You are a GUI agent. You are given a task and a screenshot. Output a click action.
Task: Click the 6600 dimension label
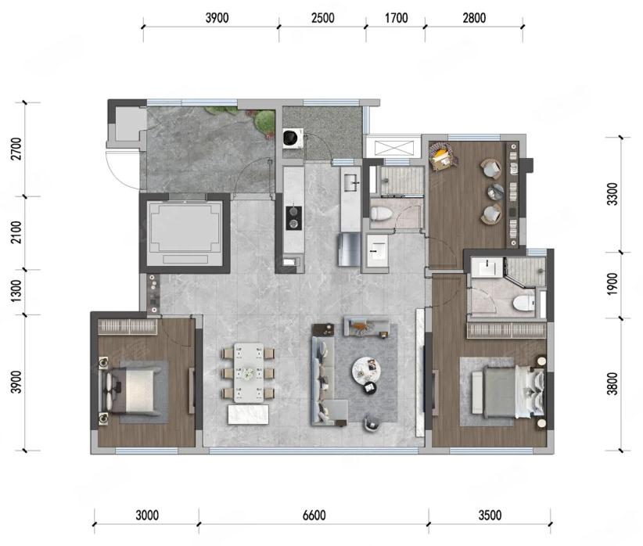(x=314, y=515)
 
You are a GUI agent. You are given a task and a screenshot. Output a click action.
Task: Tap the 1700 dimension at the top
(x=396, y=18)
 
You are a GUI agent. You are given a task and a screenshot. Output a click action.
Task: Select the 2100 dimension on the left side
(x=16, y=232)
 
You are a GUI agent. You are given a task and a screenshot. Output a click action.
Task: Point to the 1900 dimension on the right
(x=612, y=284)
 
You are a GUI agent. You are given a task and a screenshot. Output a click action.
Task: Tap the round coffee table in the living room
(x=366, y=371)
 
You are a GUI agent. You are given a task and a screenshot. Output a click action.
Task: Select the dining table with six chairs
(x=248, y=372)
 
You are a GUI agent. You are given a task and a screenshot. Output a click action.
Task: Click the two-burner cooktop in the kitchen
(x=293, y=217)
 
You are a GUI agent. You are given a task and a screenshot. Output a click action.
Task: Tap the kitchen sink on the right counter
(x=351, y=181)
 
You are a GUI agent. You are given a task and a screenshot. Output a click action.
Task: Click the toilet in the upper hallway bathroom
(x=379, y=214)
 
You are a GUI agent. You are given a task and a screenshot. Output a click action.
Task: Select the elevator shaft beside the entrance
(x=185, y=233)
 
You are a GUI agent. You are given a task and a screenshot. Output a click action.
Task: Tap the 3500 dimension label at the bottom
(x=490, y=515)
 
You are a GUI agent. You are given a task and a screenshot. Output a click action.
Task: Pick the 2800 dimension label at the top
(x=474, y=18)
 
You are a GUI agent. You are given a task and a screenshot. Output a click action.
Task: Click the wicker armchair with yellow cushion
(x=443, y=156)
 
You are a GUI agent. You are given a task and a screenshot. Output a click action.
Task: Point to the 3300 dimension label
(x=612, y=194)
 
